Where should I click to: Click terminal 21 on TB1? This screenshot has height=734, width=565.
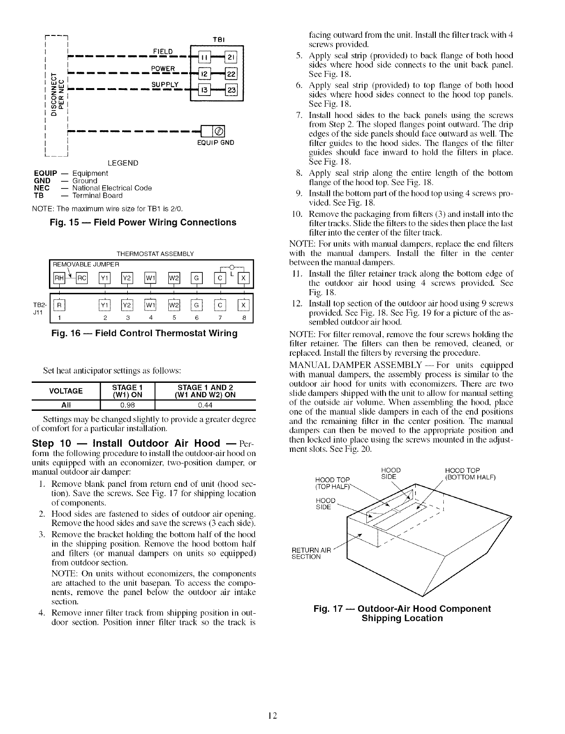(x=232, y=58)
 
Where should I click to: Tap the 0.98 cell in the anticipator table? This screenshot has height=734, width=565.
(x=127, y=404)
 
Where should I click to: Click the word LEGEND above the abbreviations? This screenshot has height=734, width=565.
(x=123, y=163)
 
